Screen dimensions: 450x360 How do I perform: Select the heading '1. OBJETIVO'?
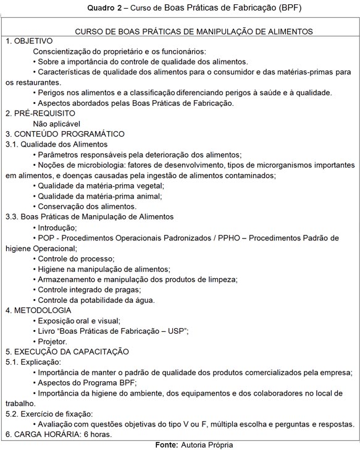[x=30, y=41]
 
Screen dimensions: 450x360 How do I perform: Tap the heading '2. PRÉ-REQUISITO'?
[x=41, y=113]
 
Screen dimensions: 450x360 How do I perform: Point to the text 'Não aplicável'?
[x=57, y=124]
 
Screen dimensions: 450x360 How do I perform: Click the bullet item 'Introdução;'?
[x=58, y=227]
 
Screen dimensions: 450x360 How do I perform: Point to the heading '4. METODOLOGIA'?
[x=38, y=310]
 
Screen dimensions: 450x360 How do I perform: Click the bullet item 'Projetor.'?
[x=52, y=341]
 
